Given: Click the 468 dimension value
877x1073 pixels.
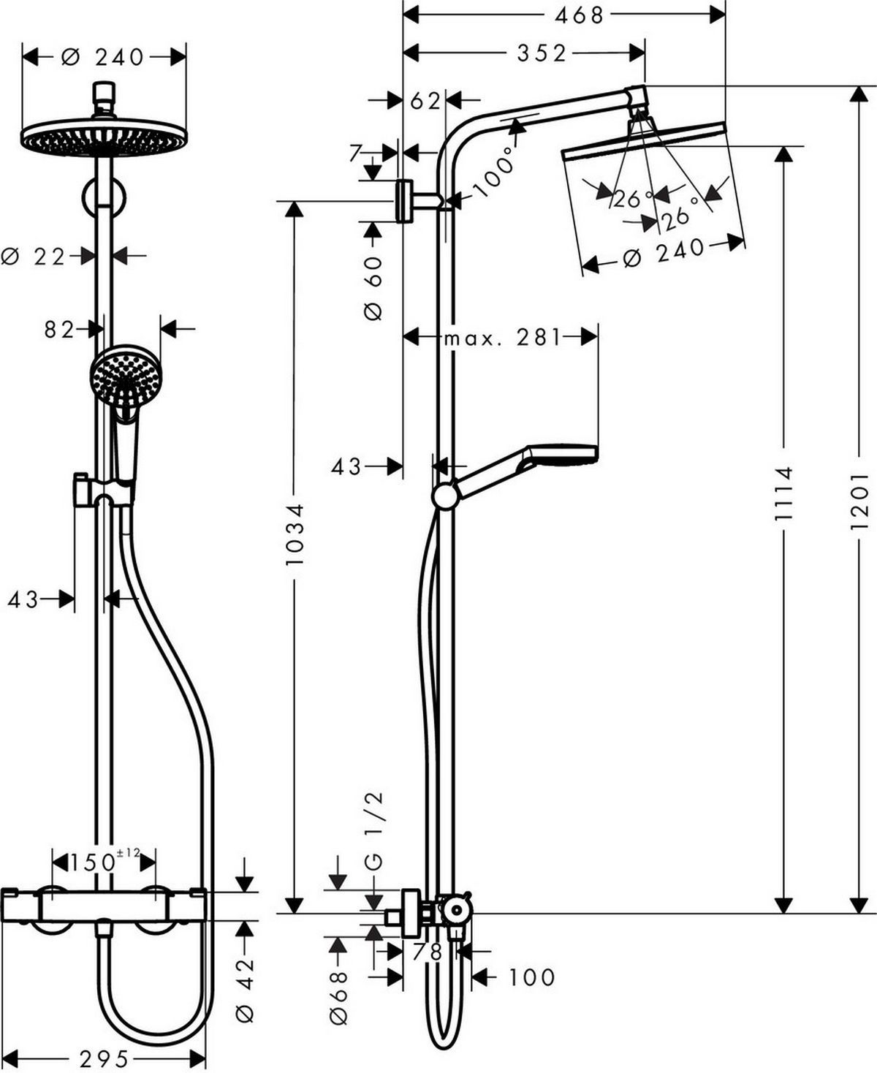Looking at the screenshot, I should click(579, 14).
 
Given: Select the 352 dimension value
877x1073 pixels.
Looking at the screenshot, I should click(542, 53).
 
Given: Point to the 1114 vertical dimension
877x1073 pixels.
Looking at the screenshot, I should click(783, 493).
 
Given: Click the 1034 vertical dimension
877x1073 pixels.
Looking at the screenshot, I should click(294, 534).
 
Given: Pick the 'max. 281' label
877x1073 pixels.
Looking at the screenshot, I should click(502, 337).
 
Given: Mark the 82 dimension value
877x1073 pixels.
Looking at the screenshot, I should click(58, 330).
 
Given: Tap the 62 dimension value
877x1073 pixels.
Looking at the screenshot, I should click(425, 100).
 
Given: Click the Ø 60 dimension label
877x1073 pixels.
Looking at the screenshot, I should click(373, 287).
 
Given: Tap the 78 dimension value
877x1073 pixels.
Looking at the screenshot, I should click(427, 952).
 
